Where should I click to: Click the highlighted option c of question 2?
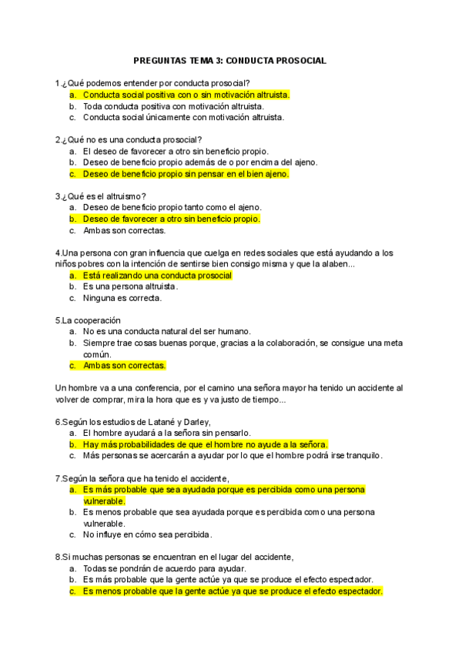point(186,174)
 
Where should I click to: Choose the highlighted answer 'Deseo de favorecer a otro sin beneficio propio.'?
point(171,219)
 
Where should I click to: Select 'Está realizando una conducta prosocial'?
point(157,275)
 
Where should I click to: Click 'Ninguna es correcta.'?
point(122,298)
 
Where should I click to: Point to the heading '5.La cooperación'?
point(88,320)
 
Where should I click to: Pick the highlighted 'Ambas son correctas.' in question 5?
point(124,366)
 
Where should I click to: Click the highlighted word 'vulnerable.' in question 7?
point(104,501)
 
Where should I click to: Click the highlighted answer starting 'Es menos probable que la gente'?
point(233,591)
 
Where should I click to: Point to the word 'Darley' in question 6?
point(192,421)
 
